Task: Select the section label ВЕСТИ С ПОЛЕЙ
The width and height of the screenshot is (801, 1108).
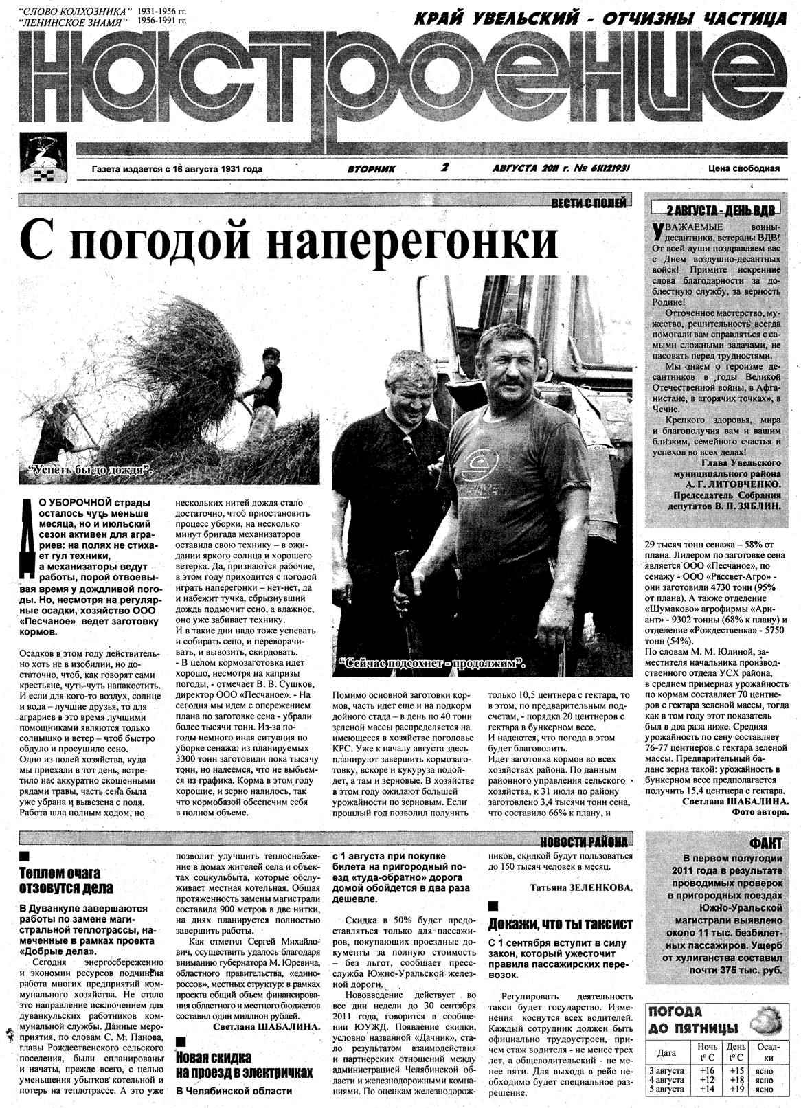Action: [589, 203]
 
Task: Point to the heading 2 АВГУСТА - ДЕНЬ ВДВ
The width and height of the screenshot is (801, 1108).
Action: [714, 210]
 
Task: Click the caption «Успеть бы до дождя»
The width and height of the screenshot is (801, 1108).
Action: [89, 471]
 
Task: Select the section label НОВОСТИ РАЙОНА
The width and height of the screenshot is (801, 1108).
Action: [583, 841]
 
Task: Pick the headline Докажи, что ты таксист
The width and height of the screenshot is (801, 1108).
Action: [560, 923]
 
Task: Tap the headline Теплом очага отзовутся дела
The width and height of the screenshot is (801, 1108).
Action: [60, 880]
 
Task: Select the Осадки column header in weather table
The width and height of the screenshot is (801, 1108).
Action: [764, 1052]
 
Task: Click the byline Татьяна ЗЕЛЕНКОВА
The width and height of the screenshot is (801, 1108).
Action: [581, 887]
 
